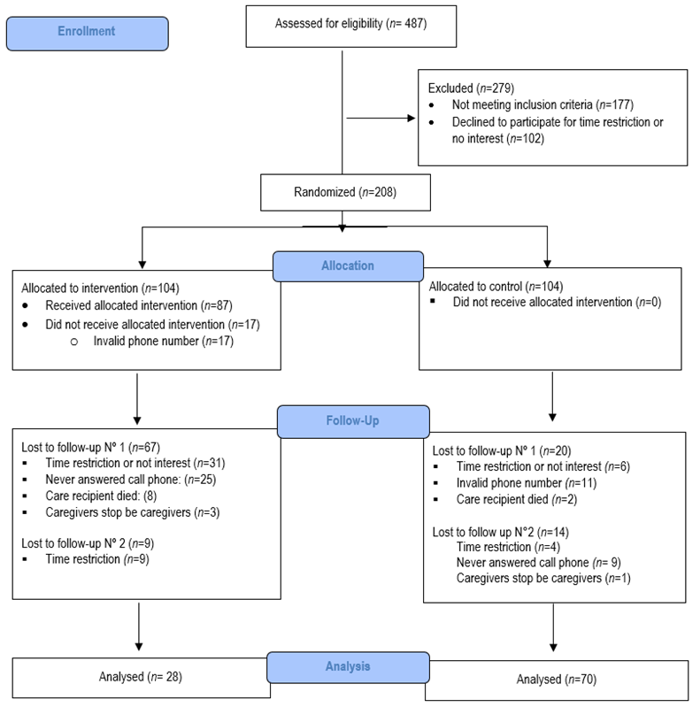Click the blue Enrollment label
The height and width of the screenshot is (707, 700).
pyautogui.click(x=86, y=31)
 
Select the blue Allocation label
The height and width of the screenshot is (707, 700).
pyautogui.click(x=348, y=265)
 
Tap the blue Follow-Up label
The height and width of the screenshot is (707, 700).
pyautogui.click(x=353, y=421)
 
